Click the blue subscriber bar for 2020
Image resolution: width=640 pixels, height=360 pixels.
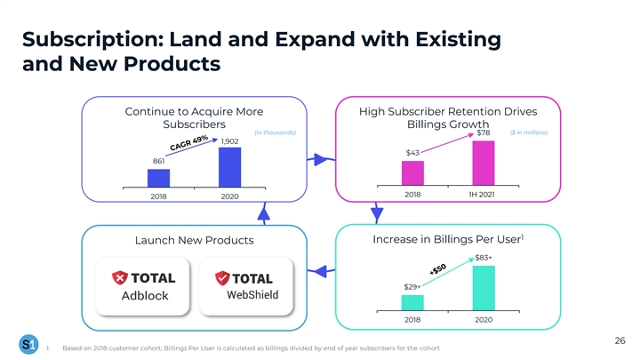pos(229,167)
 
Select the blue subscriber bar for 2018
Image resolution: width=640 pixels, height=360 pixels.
pos(158,178)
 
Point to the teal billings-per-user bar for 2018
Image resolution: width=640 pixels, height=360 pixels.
pos(412,300)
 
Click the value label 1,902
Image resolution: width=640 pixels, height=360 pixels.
pos(229,141)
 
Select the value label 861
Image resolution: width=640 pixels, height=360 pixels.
pos(159,161)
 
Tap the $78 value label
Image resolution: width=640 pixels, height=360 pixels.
pos(484,133)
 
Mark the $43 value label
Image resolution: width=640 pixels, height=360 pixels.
pos(412,153)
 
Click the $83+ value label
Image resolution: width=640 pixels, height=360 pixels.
pos(484,257)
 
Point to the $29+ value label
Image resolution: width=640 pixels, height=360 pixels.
pos(412,286)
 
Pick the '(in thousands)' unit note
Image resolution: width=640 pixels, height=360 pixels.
pos(275,133)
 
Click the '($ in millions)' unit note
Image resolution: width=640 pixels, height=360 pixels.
pos(529,133)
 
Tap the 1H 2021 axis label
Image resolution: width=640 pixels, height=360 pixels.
pos(484,194)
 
